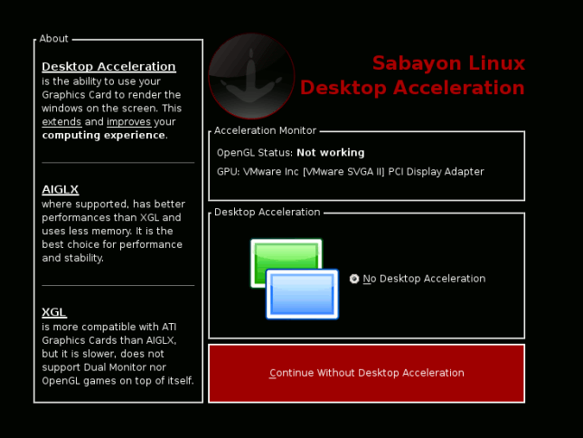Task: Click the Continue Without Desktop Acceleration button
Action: (x=367, y=373)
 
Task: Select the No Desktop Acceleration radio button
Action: (x=354, y=279)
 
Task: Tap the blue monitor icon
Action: (x=302, y=294)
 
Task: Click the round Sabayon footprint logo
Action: (x=251, y=76)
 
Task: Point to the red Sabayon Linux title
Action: (x=449, y=62)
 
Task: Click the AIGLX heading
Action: (x=61, y=189)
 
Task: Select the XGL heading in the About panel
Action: (x=54, y=312)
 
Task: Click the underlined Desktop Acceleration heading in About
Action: (x=108, y=66)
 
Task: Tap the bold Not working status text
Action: (x=331, y=153)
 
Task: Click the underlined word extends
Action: (x=61, y=121)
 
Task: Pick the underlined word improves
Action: (x=128, y=121)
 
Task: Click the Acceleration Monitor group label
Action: (x=265, y=130)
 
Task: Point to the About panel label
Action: (x=54, y=39)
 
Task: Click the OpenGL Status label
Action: (x=255, y=153)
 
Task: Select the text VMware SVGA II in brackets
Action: (x=343, y=172)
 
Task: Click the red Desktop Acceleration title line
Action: (x=412, y=88)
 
